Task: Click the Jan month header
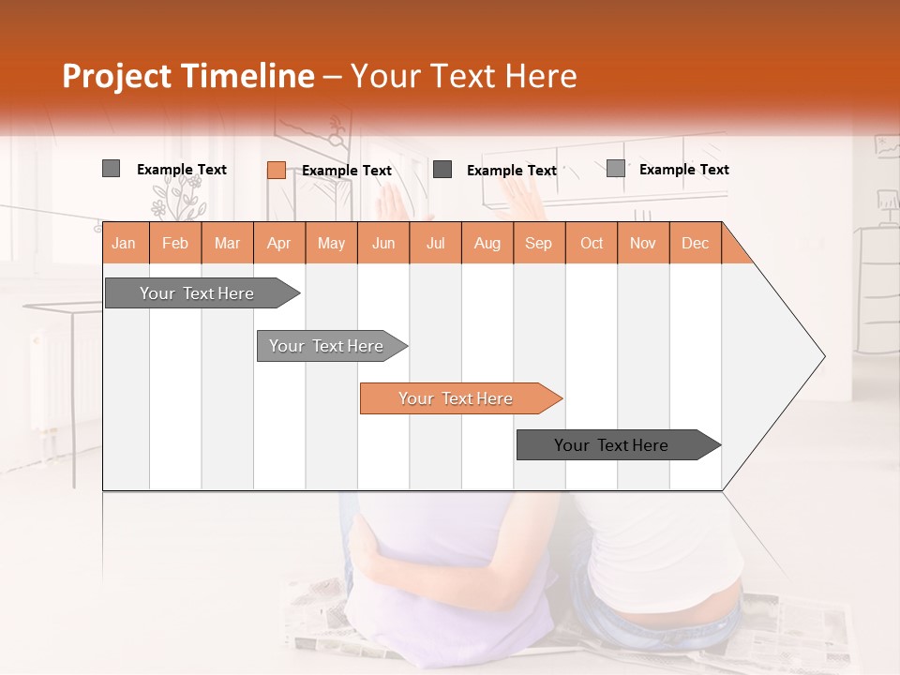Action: (x=124, y=243)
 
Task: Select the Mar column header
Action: (x=227, y=243)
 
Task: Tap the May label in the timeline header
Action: (x=331, y=243)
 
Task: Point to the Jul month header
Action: (x=435, y=243)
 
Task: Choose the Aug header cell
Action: (x=487, y=243)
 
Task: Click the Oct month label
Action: (x=592, y=243)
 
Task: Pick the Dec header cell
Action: (x=695, y=243)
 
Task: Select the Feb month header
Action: (x=175, y=243)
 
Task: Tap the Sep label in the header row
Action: (x=538, y=243)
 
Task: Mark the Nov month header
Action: (x=642, y=243)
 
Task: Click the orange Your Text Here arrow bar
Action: (x=457, y=398)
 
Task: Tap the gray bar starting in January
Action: (x=198, y=293)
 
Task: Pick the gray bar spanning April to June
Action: (x=327, y=346)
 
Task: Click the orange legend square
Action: (x=277, y=170)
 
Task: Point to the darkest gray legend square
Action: (x=442, y=170)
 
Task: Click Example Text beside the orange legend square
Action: (x=347, y=171)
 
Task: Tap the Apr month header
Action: (x=278, y=243)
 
